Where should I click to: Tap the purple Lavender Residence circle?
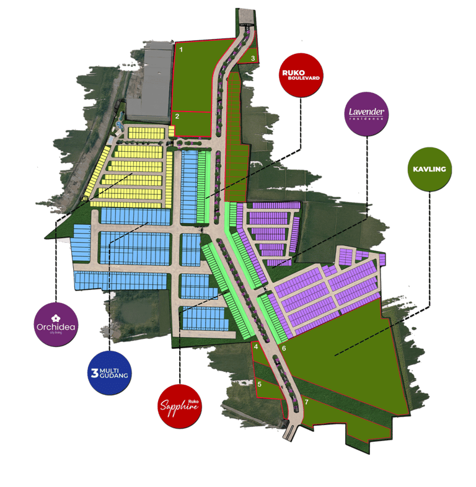(x=367, y=113)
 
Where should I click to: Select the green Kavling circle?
(x=429, y=168)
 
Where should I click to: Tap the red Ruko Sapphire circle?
(x=180, y=405)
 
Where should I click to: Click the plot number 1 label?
(x=181, y=48)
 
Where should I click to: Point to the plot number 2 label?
(x=177, y=116)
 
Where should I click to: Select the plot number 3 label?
(x=253, y=58)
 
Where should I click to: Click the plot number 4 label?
(x=256, y=347)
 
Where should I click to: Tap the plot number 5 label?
(x=260, y=384)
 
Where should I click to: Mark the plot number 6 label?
(x=284, y=349)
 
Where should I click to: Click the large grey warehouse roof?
(x=149, y=83)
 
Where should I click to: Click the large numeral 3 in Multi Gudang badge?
(x=95, y=372)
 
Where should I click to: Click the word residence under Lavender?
(x=367, y=118)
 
